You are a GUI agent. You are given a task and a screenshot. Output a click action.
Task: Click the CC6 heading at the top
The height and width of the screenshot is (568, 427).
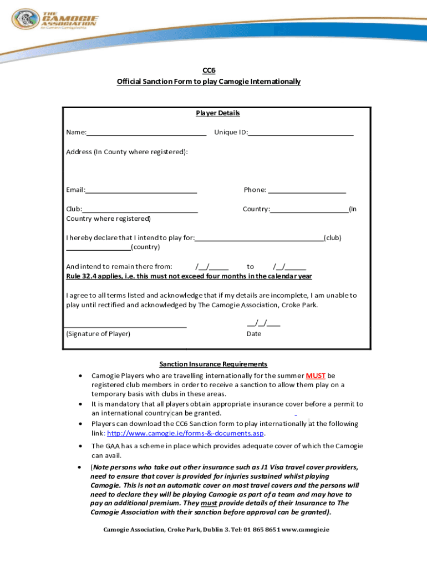click(x=208, y=70)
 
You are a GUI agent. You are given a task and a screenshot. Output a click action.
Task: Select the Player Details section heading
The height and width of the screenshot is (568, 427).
click(x=217, y=113)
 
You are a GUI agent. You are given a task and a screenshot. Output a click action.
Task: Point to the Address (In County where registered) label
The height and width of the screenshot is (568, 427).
click(x=127, y=151)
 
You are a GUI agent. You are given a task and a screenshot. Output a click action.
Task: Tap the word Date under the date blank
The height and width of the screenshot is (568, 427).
click(x=253, y=334)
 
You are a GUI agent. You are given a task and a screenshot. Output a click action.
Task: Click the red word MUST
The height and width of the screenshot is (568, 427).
click(x=316, y=376)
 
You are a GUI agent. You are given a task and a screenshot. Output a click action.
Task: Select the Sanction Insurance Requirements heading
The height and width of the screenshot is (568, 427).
click(x=213, y=364)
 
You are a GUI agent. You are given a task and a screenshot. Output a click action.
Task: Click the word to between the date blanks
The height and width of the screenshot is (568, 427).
click(x=251, y=267)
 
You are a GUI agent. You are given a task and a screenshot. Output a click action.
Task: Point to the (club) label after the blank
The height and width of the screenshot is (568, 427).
click(x=333, y=238)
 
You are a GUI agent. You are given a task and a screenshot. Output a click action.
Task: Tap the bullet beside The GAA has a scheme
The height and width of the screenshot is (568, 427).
click(x=82, y=446)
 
